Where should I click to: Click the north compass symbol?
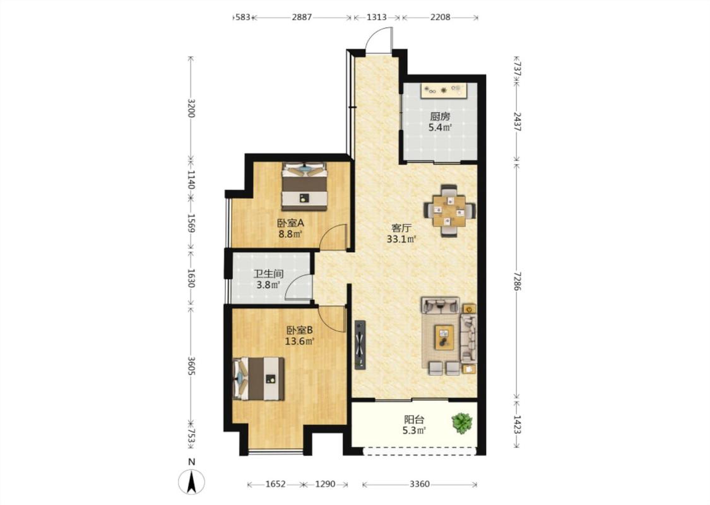(x=191, y=481)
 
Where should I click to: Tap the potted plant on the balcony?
(x=462, y=423)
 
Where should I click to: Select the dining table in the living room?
(x=449, y=210)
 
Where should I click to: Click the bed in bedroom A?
(x=304, y=186)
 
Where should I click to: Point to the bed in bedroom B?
(x=259, y=379)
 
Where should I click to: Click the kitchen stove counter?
(x=444, y=90)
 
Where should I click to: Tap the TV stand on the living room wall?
(x=360, y=345)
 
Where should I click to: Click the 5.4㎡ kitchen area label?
(x=440, y=128)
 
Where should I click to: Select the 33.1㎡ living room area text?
(x=401, y=239)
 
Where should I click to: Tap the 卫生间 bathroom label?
(x=268, y=273)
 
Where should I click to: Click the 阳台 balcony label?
(x=414, y=419)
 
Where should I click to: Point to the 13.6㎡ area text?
(x=299, y=341)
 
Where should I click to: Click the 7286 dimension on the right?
(x=517, y=282)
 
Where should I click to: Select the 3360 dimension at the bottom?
(x=419, y=484)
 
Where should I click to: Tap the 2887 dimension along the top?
(x=302, y=17)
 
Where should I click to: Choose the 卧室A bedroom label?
(x=290, y=223)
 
